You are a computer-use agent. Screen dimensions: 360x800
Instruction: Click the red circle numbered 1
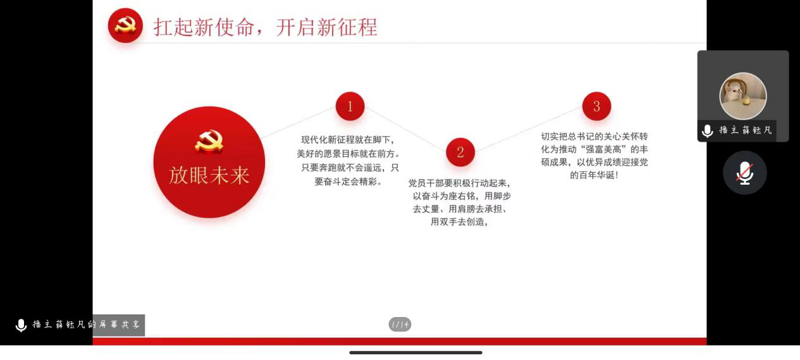click(x=350, y=106)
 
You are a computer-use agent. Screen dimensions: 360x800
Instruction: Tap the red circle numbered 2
click(x=460, y=152)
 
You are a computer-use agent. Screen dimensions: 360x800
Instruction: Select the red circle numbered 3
click(x=596, y=106)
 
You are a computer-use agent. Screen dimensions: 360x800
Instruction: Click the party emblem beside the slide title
click(x=125, y=25)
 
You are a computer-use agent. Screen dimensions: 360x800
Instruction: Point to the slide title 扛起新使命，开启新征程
click(x=266, y=27)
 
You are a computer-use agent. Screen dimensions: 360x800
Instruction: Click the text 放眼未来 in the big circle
click(x=209, y=175)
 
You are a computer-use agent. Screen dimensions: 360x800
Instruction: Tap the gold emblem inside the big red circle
click(x=209, y=141)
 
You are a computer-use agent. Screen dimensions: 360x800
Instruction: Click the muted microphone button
click(x=745, y=173)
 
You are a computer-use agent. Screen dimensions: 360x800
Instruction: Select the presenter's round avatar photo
click(x=743, y=96)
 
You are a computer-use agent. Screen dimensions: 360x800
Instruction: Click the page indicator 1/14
click(x=400, y=325)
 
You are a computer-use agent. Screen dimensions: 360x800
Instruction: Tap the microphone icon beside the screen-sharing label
click(x=21, y=325)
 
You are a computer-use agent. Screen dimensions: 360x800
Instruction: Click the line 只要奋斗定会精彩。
click(x=348, y=182)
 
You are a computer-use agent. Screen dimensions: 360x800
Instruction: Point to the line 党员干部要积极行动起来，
click(x=459, y=183)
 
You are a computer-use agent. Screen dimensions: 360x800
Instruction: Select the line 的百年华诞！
click(x=594, y=175)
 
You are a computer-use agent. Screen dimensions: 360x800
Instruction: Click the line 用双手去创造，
click(x=459, y=222)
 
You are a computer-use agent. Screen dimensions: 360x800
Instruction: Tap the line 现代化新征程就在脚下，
click(x=348, y=140)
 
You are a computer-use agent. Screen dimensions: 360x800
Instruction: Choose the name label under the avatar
click(x=746, y=130)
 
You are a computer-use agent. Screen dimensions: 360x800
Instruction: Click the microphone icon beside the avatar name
click(x=708, y=131)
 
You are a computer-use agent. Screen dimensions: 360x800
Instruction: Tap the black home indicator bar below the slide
click(x=415, y=352)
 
